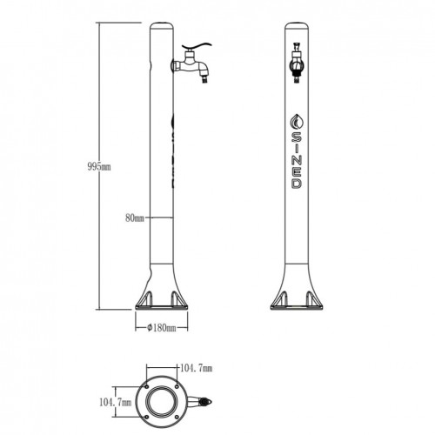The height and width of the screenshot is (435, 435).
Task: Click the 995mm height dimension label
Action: (99, 167)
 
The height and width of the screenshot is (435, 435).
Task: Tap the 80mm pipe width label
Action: (135, 217)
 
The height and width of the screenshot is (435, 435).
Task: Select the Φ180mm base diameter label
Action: (161, 328)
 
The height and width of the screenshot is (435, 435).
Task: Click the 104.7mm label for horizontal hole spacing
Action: (197, 368)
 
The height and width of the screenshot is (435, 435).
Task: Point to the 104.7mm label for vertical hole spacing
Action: (115, 402)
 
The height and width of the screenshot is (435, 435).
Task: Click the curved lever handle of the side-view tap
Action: (197, 46)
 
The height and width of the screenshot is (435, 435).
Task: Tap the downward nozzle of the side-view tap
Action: (205, 78)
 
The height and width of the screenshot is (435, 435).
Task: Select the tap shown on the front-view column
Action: (297, 63)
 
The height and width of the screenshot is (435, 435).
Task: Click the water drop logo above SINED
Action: (298, 122)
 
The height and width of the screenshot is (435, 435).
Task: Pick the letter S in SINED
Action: (297, 137)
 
